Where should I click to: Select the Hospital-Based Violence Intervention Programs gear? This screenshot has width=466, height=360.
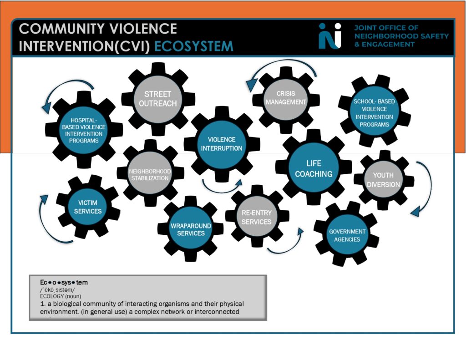84,130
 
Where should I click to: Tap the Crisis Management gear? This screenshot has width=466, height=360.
286,98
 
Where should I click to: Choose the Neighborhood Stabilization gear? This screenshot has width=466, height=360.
150,174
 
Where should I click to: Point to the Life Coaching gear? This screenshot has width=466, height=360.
314,168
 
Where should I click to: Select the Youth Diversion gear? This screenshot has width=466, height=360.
383,180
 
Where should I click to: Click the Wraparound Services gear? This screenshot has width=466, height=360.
191,229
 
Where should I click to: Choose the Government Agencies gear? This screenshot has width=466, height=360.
347,235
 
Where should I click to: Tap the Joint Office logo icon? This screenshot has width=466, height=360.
329,35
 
